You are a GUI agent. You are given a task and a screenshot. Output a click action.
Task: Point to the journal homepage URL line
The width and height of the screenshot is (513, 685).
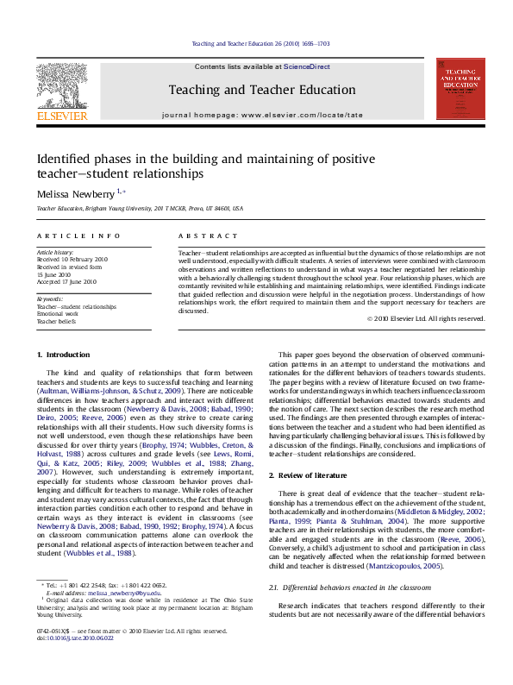262,115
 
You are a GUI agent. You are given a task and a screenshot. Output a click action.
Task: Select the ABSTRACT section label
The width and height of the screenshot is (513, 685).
202,236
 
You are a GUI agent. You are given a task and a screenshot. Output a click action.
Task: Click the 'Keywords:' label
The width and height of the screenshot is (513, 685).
50,299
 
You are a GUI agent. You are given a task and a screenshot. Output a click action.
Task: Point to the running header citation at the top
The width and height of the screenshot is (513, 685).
259,44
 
